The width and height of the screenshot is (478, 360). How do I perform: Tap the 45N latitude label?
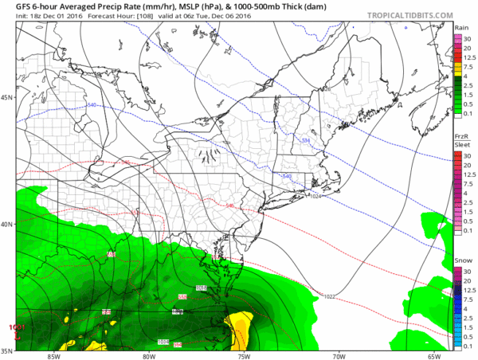pyautogui.click(x=7, y=98)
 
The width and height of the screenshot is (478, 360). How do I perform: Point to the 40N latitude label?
pyautogui.click(x=7, y=224)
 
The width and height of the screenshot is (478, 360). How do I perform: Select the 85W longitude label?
pyautogui.click(x=54, y=355)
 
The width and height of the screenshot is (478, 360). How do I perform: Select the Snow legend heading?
pyautogui.click(x=462, y=260)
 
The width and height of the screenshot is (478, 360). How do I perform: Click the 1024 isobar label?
pyautogui.click(x=315, y=196)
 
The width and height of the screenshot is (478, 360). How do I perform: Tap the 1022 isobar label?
pyautogui.click(x=329, y=296)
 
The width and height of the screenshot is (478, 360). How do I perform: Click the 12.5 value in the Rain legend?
pyautogui.click(x=469, y=57)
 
